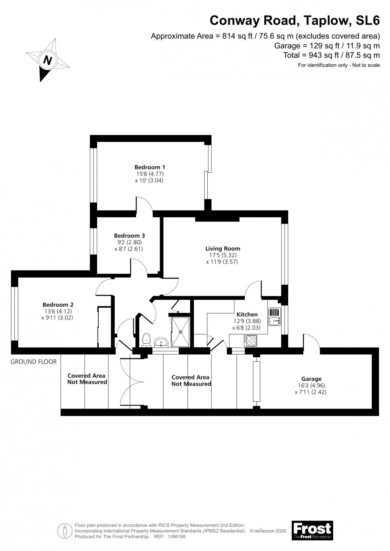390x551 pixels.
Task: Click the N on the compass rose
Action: pos(48,61)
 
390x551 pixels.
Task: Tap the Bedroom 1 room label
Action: pos(150,167)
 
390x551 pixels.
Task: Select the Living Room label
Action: pos(222,249)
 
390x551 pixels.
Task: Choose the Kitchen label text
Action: pos(247,314)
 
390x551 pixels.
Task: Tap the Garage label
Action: pos(311,379)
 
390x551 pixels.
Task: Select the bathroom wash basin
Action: pos(162,342)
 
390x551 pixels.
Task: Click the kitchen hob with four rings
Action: pos(252,341)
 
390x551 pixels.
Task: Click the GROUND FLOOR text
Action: pos(33,362)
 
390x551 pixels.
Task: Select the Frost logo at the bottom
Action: pos(312,530)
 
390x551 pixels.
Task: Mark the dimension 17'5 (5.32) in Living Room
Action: pos(222,255)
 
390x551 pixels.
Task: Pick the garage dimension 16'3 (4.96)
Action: pos(311,386)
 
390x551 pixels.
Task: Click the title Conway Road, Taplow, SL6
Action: pos(294,20)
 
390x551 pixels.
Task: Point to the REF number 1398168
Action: pos(177,537)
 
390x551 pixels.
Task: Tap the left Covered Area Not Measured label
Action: pos(87,379)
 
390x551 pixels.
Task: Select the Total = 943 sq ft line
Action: pos(331,55)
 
